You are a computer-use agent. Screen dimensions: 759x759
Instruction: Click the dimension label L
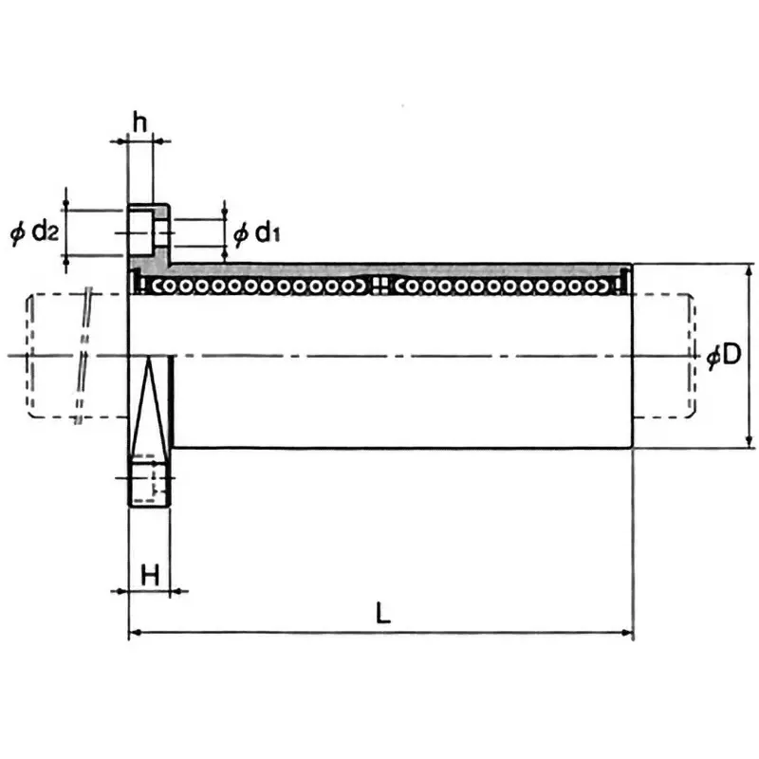click(x=382, y=613)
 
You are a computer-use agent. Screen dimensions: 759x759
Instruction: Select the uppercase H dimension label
click(x=149, y=573)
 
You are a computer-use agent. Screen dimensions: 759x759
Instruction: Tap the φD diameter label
click(x=723, y=356)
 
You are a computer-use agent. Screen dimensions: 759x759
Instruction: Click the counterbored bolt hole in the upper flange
click(x=147, y=229)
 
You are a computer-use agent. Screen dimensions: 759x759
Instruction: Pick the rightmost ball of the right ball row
click(x=601, y=285)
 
